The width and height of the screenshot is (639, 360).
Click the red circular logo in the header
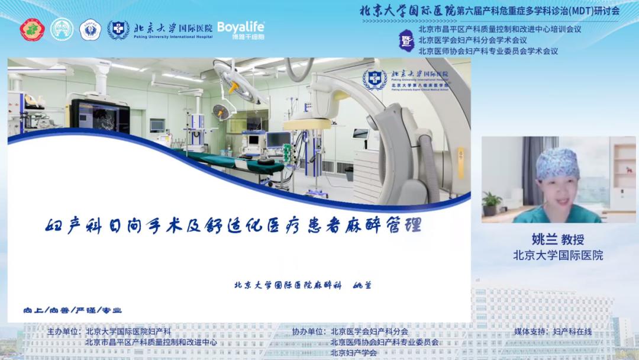pos(33,30)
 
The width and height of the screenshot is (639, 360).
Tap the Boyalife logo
pos(241,29)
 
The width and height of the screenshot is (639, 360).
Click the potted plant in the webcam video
pos(491,204)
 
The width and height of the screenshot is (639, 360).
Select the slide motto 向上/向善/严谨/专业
pos(72,310)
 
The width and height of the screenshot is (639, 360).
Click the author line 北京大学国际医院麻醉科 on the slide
pos(288,285)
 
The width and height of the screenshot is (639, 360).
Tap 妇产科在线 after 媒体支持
pos(572,332)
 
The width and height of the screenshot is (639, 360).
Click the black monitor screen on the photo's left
pos(99,117)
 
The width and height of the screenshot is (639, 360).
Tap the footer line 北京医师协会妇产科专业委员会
pos(385,342)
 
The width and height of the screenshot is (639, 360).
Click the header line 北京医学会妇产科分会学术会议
pos(472,40)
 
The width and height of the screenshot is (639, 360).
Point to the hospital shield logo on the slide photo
pos(375,79)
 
